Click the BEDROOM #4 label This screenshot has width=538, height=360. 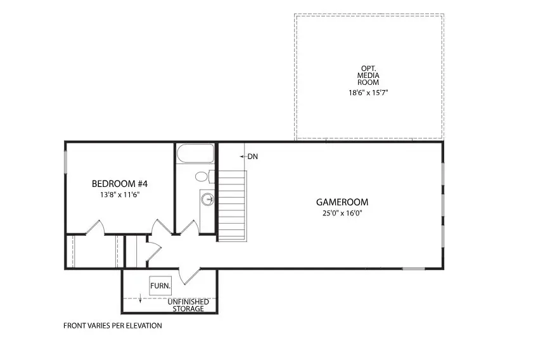[120, 184]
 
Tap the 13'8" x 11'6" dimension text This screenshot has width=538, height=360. [120, 195]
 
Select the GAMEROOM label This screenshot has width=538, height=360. [342, 202]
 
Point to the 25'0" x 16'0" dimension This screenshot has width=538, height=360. [342, 213]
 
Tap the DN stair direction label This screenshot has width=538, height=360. [252, 157]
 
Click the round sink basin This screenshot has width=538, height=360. [207, 200]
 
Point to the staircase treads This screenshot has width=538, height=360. [232, 205]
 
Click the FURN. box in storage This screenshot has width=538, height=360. [160, 286]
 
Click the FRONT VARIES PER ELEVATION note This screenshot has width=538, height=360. [113, 326]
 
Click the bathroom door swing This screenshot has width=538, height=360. [188, 227]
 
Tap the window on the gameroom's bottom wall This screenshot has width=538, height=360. [413, 269]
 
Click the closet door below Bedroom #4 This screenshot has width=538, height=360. [94, 227]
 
